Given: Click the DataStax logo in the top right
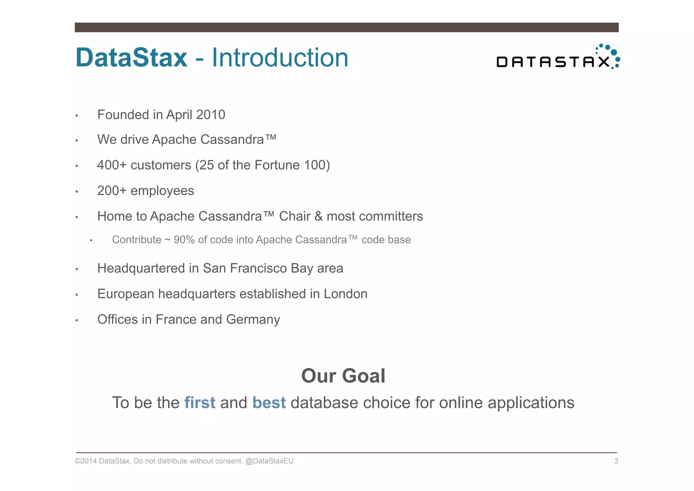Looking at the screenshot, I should [558, 58].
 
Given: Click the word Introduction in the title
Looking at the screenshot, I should [280, 58].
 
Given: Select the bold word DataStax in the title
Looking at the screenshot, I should [131, 58].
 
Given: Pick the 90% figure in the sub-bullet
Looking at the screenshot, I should [184, 240].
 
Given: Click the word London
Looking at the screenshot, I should [345, 294].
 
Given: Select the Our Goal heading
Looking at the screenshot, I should [343, 376].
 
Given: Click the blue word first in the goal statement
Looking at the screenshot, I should [200, 403].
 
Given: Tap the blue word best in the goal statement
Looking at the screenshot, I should [269, 403].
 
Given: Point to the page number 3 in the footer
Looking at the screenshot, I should [616, 461].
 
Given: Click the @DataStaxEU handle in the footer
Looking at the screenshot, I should [269, 461].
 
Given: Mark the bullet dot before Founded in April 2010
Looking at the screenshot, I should [77, 116].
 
